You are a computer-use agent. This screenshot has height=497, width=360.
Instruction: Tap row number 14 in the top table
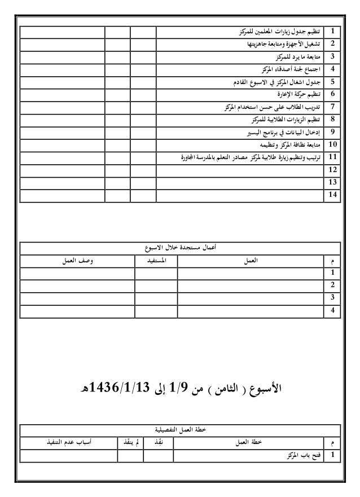333,195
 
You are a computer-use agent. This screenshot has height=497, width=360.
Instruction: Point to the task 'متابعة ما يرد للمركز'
300,56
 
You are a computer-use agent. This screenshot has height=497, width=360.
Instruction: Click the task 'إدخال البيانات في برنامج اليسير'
285,132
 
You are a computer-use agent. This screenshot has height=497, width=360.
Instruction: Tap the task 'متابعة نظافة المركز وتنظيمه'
289,144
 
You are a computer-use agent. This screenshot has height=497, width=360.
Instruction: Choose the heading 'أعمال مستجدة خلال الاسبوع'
181,248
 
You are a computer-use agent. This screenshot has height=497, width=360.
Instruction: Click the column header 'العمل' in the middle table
249,261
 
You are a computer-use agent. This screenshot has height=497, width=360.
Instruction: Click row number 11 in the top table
333,157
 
